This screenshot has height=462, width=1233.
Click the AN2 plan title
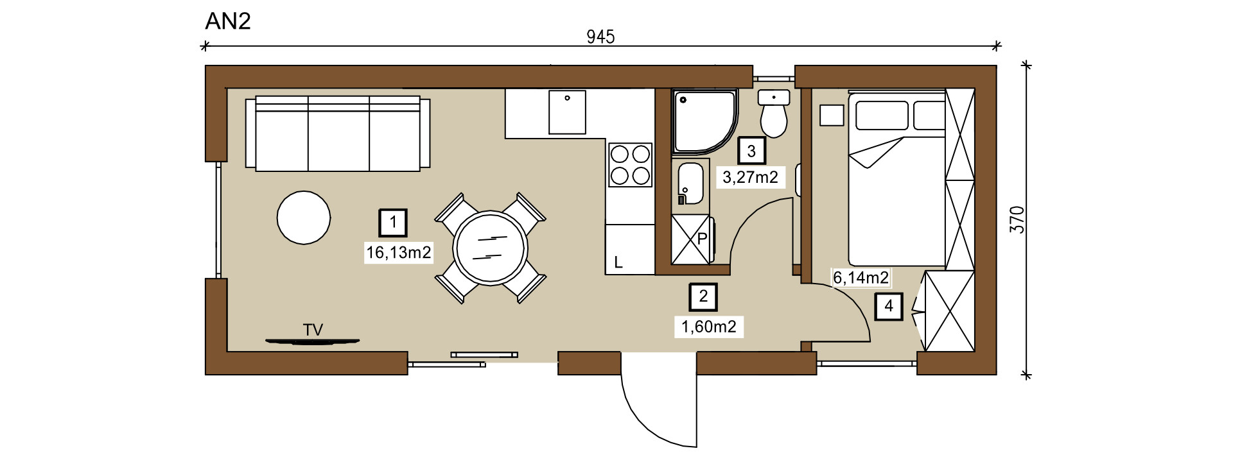tap(228, 21)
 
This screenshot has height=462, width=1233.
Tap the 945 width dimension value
tap(600, 37)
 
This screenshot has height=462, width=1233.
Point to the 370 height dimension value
tap(1017, 219)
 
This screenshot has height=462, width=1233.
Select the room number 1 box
tap(393, 223)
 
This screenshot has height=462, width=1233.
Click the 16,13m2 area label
tap(398, 253)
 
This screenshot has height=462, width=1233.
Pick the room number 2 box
tap(703, 296)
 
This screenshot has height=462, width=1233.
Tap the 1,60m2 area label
tap(709, 327)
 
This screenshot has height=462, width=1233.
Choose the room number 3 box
tap(751, 151)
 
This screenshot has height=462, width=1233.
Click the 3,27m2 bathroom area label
tap(750, 177)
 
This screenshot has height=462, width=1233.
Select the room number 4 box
tap(889, 306)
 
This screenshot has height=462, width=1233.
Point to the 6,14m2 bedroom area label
tap(861, 278)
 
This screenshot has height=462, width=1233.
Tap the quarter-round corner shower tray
tap(703, 121)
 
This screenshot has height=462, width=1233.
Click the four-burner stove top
tap(630, 165)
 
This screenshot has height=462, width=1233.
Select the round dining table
tap(491, 248)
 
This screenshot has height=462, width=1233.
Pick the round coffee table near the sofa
tap(304, 218)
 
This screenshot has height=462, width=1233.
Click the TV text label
tap(313, 330)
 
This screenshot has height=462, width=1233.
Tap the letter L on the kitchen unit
tap(618, 262)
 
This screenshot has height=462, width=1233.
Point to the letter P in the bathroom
tap(702, 239)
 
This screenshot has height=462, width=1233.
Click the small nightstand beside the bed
tap(832, 116)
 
